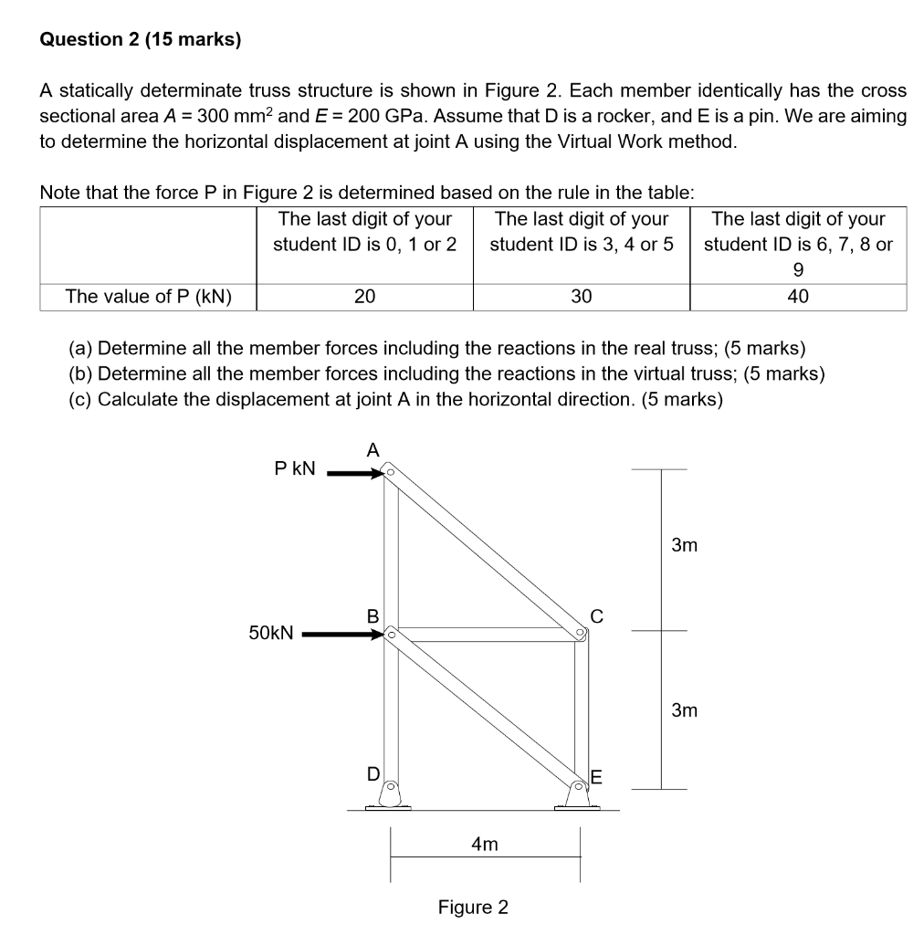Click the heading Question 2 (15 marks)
[141, 39]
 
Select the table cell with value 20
[364, 297]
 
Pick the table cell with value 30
[581, 297]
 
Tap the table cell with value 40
[798, 297]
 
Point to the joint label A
[372, 449]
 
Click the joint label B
[373, 615]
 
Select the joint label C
[597, 615]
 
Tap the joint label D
[373, 774]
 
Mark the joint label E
[597, 778]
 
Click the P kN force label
[295, 468]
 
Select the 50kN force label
[271, 632]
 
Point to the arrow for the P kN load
[355, 473]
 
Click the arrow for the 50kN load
[342, 633]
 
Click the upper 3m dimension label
[684, 546]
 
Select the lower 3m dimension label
[684, 709]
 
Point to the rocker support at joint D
[389, 796]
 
